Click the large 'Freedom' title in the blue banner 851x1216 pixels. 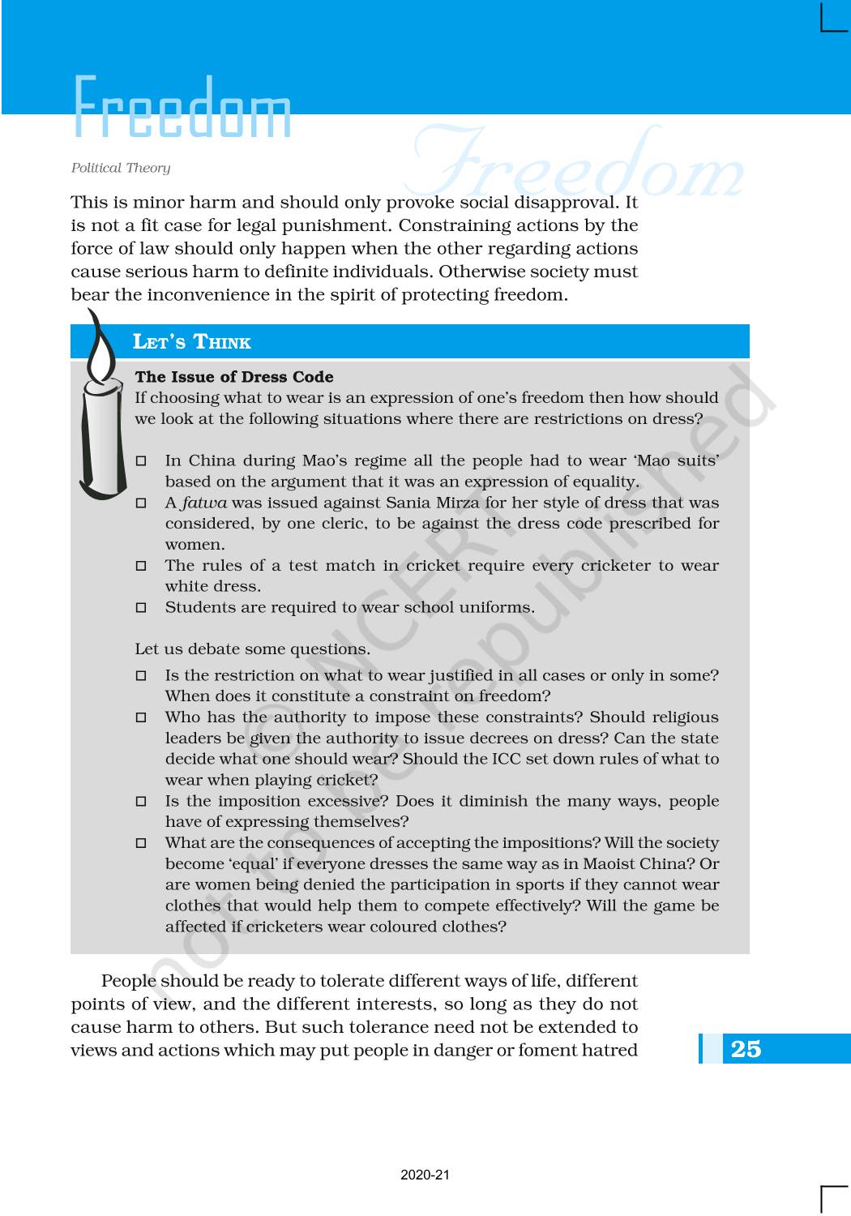182,108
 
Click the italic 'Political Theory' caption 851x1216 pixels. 121,168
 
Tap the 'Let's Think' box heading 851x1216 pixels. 192,342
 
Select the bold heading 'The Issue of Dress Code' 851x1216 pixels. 234,377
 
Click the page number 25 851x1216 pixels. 746,1049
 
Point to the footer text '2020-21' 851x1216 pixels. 425,1175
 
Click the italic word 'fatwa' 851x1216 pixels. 204,503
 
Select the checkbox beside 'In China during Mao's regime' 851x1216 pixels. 141,461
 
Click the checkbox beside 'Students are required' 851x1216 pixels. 141,608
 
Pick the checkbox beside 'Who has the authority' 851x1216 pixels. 141,717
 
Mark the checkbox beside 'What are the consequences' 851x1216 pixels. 141,843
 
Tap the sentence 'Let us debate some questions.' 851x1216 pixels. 252,649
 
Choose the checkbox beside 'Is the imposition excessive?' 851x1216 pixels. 141,802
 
